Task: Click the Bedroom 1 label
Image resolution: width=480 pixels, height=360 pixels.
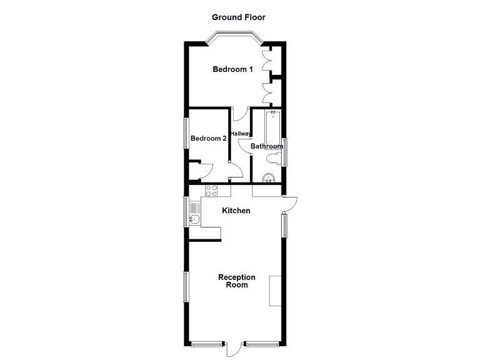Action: pyautogui.click(x=232, y=69)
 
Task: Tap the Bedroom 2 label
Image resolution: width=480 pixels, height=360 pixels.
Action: pyautogui.click(x=208, y=139)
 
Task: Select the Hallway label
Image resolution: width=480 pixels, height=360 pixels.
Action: pyautogui.click(x=241, y=134)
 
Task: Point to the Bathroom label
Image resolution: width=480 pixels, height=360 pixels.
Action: pyautogui.click(x=266, y=147)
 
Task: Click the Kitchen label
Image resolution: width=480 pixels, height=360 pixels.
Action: pyautogui.click(x=236, y=211)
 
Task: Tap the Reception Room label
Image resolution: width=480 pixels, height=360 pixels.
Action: pyautogui.click(x=237, y=281)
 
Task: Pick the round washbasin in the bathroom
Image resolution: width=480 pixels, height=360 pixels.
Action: pyautogui.click(x=269, y=178)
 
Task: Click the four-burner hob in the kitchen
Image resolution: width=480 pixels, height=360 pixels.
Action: pyautogui.click(x=211, y=191)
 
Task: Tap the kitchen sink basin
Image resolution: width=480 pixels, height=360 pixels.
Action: pyautogui.click(x=194, y=219)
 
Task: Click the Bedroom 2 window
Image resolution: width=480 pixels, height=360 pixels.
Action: pyautogui.click(x=186, y=133)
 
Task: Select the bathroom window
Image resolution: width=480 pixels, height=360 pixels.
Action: pyautogui.click(x=284, y=152)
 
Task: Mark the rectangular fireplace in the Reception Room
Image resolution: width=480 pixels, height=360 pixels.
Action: pyautogui.click(x=275, y=291)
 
